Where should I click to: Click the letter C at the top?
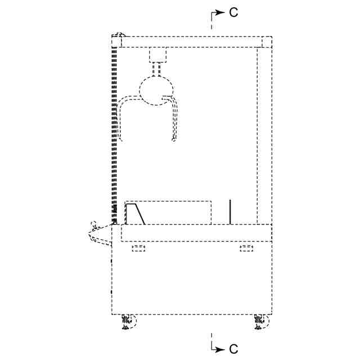tap(233, 12)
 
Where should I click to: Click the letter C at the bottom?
tap(233, 349)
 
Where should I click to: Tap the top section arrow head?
tap(220, 12)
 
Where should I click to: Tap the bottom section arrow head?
tap(220, 349)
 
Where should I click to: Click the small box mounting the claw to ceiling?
tap(157, 55)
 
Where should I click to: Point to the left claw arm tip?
tap(121, 139)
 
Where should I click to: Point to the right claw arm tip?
tap(174, 139)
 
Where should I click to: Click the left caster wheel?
tap(129, 322)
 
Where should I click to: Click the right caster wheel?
tap(262, 322)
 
